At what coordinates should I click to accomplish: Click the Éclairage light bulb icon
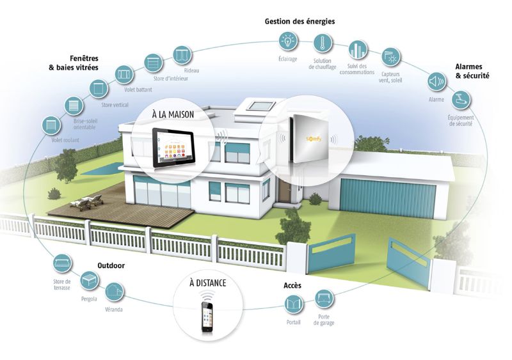pos(288,41)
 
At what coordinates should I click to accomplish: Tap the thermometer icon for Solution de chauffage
pos(323,43)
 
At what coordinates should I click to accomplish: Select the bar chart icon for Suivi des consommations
pos(358,50)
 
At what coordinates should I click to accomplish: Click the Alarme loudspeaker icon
pos(436,81)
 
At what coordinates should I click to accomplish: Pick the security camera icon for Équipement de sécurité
pos(461,99)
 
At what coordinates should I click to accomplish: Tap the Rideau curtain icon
pos(182,55)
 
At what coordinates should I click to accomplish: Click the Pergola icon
pos(89,280)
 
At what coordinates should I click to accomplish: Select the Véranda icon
pos(115,291)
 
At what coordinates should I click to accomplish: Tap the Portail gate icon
pos(294,304)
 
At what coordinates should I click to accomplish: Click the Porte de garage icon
pos(324,299)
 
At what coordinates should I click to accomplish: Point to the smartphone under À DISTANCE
pos(207,317)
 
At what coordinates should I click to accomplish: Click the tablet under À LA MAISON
pos(173,148)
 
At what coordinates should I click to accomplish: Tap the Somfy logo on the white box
pos(314,139)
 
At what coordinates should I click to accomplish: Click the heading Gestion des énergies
pos(300,22)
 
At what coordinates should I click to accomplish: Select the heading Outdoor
pos(111,265)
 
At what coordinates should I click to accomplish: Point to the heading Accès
pos(292,285)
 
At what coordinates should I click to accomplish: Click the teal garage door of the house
pos(388,197)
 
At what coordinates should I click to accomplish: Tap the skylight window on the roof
pos(260,106)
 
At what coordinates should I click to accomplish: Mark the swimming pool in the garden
pos(102,169)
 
